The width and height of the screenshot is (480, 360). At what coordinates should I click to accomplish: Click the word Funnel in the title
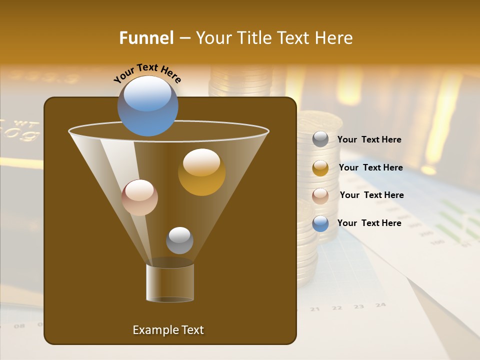pyautogui.click(x=146, y=38)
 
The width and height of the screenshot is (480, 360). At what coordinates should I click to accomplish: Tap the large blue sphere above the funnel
pyautogui.click(x=148, y=105)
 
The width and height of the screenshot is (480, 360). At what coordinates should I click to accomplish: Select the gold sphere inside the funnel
pyautogui.click(x=201, y=172)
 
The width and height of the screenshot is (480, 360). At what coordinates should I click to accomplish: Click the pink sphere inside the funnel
pyautogui.click(x=139, y=197)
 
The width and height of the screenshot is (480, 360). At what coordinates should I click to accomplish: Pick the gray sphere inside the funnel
pyautogui.click(x=179, y=240)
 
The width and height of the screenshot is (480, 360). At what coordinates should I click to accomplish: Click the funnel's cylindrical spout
pyautogui.click(x=170, y=282)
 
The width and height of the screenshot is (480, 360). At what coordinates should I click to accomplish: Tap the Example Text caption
pyautogui.click(x=168, y=330)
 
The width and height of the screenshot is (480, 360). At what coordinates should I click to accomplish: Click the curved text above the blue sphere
pyautogui.click(x=147, y=73)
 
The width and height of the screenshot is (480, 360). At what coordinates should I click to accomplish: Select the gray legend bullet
pyautogui.click(x=320, y=139)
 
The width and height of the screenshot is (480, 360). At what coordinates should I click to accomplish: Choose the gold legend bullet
pyautogui.click(x=320, y=168)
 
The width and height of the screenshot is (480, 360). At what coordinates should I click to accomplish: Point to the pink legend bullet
pyautogui.click(x=320, y=196)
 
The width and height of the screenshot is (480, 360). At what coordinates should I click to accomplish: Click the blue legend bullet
pyautogui.click(x=320, y=223)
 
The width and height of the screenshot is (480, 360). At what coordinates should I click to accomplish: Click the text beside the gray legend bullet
pyautogui.click(x=369, y=139)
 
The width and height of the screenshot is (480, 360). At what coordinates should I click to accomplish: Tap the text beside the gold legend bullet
pyautogui.click(x=370, y=167)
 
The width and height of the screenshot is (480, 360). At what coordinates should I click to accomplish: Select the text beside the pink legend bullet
pyautogui.click(x=371, y=195)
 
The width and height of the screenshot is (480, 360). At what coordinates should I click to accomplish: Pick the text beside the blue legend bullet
pyautogui.click(x=369, y=223)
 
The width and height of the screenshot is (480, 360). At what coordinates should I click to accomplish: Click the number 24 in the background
pyautogui.click(x=380, y=304)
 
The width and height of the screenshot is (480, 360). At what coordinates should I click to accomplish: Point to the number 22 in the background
pyautogui.click(x=337, y=307)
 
